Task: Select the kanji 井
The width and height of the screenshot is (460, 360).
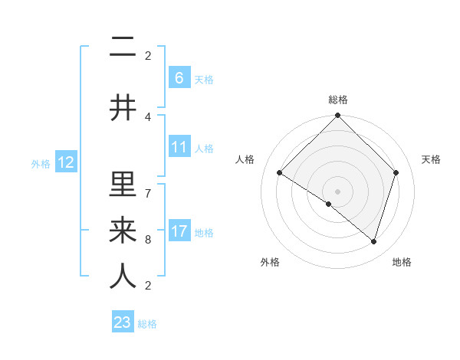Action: pos(123,108)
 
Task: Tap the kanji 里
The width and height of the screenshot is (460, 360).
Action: pos(123,185)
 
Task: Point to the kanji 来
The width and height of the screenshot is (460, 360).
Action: pos(123,230)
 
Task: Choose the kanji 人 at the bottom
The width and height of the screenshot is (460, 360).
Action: pos(123,276)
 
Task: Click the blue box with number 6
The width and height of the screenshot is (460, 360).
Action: pos(179,77)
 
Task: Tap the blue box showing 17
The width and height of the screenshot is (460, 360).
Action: pos(179,231)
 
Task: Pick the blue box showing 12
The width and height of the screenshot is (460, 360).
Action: pos(65,162)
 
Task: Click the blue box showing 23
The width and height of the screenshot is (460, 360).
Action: pos(123,322)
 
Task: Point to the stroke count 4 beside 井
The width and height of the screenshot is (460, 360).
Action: pos(148,117)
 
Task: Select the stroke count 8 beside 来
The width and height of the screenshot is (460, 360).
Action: pos(148,240)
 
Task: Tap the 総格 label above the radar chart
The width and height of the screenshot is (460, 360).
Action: pos(337,100)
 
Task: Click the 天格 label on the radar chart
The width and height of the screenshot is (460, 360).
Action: pos(432,159)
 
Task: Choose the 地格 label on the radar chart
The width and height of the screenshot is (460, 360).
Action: pos(402,262)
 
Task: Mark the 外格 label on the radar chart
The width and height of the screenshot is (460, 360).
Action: pos(270,262)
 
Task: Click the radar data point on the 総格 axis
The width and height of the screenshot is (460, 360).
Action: pos(337,116)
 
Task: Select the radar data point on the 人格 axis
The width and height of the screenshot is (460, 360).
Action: pos(280,173)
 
